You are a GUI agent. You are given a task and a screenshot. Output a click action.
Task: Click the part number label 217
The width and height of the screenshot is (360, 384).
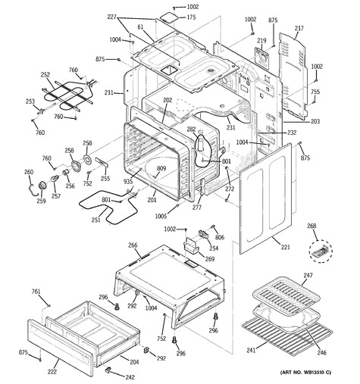299,28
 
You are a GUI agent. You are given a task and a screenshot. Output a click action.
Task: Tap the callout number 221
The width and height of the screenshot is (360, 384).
286,247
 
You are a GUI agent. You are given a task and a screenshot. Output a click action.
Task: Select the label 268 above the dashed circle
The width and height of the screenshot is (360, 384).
311,226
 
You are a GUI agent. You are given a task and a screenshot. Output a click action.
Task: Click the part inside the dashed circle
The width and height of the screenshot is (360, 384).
321,251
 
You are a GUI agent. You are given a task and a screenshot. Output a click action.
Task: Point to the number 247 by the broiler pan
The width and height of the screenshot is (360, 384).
308,275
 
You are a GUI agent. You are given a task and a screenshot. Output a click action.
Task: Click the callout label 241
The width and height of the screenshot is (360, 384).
251,350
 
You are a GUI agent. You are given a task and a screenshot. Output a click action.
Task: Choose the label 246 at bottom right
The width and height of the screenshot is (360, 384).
322,352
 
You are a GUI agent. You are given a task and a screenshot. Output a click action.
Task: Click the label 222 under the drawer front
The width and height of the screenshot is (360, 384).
52,371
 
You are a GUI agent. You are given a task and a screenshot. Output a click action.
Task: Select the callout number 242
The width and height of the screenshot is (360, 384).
130,377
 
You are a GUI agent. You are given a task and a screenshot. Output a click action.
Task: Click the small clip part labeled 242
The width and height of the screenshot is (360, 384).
108,370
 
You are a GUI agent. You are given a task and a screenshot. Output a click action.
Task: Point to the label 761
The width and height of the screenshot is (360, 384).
36,292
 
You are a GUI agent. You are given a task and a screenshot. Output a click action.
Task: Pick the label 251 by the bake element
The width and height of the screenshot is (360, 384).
96,220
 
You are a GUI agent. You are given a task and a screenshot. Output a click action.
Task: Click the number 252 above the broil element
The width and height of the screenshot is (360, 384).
45,75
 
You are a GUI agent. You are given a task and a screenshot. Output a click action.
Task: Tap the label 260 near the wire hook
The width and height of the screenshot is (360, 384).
29,172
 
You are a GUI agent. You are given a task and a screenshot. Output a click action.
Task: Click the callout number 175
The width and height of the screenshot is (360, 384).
191,17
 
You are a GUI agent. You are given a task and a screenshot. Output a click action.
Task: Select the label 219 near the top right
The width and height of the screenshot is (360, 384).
261,40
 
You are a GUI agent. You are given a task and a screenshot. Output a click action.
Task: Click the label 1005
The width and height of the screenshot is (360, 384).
161,216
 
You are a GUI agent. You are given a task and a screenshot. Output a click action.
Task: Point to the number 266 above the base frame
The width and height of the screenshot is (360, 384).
133,245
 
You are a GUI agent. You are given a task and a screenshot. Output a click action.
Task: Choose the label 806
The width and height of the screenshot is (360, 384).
220,237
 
